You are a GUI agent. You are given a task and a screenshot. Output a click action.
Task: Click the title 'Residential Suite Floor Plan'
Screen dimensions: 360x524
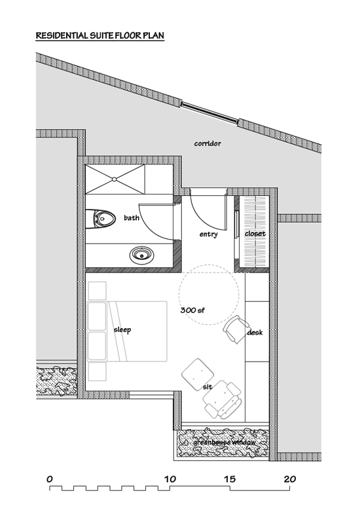[x=100, y=36]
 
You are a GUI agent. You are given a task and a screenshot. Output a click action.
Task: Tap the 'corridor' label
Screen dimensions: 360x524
[x=207, y=143]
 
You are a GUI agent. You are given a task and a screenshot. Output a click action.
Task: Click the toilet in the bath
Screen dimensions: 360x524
[x=101, y=219]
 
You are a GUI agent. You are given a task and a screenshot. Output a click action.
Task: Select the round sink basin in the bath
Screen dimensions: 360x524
[x=142, y=255]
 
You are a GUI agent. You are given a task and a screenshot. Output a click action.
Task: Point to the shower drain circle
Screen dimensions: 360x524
[x=114, y=179]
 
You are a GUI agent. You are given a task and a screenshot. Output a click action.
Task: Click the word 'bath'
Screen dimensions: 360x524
[x=132, y=218]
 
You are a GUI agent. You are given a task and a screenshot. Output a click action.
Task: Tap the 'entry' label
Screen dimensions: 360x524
[x=208, y=234]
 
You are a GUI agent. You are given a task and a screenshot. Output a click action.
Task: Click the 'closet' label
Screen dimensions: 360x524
[x=255, y=234]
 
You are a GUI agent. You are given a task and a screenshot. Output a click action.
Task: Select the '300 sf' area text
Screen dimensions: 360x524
[x=192, y=310]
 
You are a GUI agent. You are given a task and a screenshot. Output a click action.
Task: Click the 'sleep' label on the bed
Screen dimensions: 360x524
[x=122, y=330]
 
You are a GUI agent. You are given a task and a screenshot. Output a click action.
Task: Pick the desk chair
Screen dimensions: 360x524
[x=236, y=329]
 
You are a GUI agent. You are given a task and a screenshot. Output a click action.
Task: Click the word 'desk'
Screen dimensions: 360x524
[x=255, y=333]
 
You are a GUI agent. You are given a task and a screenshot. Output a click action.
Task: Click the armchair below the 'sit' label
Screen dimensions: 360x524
[x=223, y=399]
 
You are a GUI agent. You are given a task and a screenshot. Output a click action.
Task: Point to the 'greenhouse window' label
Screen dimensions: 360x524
[x=225, y=443]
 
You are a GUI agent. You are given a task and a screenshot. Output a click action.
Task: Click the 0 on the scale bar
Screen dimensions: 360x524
[x=50, y=479]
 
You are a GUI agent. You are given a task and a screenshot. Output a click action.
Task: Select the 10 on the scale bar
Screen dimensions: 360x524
[x=170, y=479]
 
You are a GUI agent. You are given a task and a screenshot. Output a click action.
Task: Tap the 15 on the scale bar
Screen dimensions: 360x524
[x=230, y=479]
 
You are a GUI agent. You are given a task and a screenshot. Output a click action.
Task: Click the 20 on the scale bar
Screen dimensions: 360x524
[x=290, y=479]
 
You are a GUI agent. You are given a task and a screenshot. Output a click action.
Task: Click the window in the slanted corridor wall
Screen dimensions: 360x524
[x=210, y=113]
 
